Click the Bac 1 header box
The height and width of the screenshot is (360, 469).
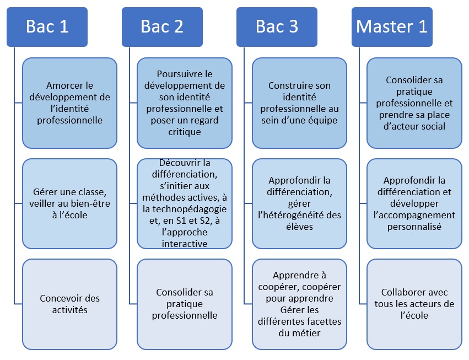pyautogui.click(x=47, y=26)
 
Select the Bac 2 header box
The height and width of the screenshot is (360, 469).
pyautogui.click(x=162, y=26)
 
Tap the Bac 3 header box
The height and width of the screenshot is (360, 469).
pyautogui.click(x=277, y=26)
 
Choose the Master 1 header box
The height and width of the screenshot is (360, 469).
pyautogui.click(x=392, y=26)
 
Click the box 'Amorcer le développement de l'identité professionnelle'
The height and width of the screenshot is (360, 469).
pyautogui.click(x=69, y=103)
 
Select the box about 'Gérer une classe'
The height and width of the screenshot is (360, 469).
pyautogui.click(x=69, y=203)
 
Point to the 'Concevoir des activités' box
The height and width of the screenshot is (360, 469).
pyautogui.click(x=69, y=304)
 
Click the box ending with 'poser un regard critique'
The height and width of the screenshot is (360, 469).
pyautogui.click(x=185, y=103)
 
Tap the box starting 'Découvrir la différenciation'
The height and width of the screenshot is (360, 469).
pyautogui.click(x=185, y=203)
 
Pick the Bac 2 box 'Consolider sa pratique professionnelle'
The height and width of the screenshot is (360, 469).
pyautogui.click(x=185, y=304)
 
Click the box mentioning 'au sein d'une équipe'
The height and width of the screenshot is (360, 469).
pyautogui.click(x=299, y=103)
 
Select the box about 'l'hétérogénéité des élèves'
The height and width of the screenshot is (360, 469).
pyautogui.click(x=299, y=203)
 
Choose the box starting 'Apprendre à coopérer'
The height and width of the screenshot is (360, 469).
pyautogui.click(x=299, y=304)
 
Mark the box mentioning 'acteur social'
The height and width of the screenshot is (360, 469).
pyautogui.click(x=414, y=103)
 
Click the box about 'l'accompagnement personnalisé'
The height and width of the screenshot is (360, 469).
pyautogui.click(x=414, y=203)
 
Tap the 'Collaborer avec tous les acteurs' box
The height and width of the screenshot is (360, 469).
pyautogui.click(x=414, y=304)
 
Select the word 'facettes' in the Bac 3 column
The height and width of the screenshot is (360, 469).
pyautogui.click(x=324, y=321)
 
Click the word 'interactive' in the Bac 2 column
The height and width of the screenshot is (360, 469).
pyautogui.click(x=185, y=244)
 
